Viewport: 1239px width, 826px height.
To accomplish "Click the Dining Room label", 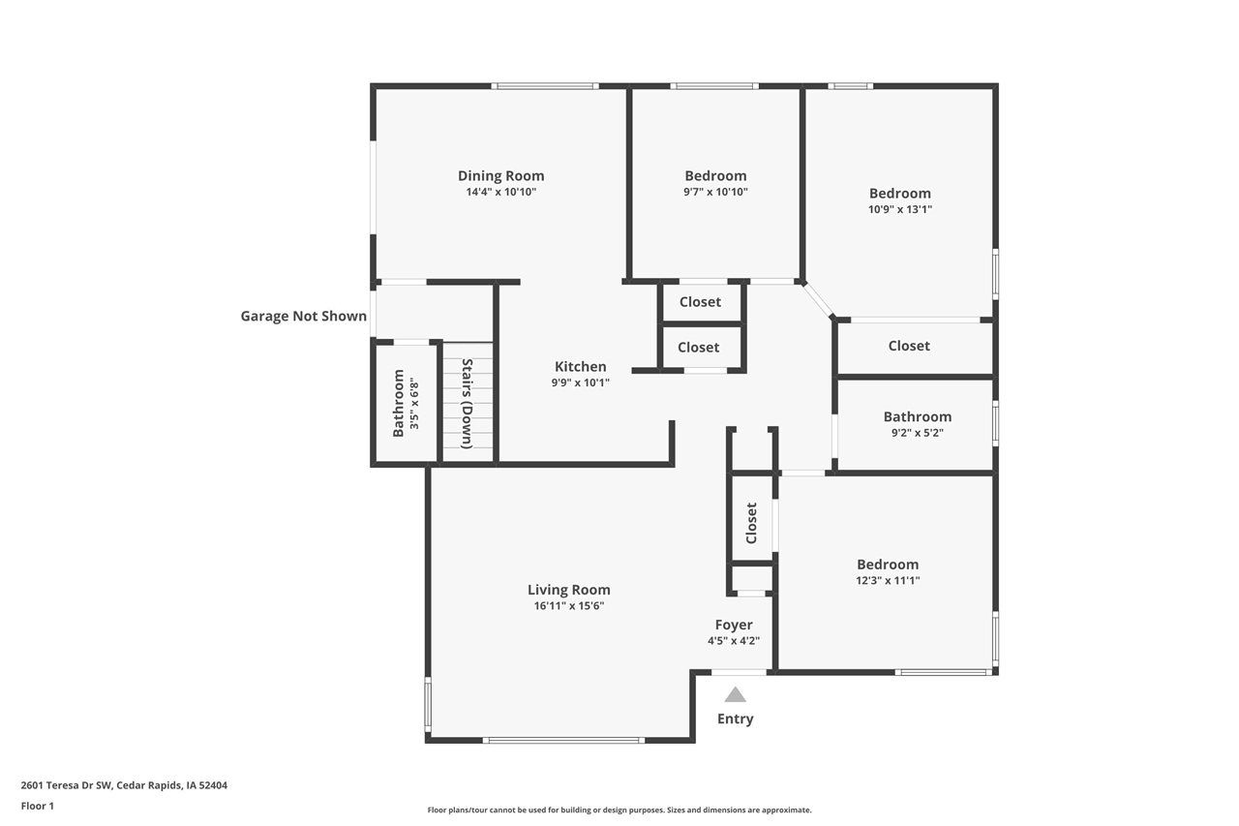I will [x=500, y=175].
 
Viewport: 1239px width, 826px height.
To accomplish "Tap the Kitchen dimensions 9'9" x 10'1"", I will [x=580, y=382].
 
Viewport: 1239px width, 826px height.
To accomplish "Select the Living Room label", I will [x=568, y=590].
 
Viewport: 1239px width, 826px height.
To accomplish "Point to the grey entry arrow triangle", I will [x=736, y=694].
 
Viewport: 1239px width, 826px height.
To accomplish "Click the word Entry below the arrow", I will [x=735, y=719].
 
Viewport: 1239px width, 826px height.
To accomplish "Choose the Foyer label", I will [x=734, y=625].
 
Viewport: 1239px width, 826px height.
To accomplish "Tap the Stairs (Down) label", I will [x=467, y=404].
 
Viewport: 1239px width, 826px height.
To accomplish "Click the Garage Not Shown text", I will [x=304, y=316].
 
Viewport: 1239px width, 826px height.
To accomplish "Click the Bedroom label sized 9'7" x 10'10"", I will [x=715, y=175].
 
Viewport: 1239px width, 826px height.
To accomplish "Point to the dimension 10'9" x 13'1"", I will [x=899, y=209].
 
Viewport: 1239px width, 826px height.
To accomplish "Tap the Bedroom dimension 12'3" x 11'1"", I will [x=888, y=581].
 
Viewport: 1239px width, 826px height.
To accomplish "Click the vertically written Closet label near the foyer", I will [x=751, y=523].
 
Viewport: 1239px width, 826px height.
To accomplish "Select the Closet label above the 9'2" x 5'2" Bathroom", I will [x=909, y=346].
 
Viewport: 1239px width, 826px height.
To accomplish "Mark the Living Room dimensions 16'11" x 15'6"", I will [x=568, y=606].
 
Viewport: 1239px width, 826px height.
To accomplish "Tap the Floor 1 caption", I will [x=38, y=806].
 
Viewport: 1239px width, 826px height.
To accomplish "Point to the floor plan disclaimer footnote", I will [x=619, y=810].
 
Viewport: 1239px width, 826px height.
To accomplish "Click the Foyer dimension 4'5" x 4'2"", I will [x=734, y=640].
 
